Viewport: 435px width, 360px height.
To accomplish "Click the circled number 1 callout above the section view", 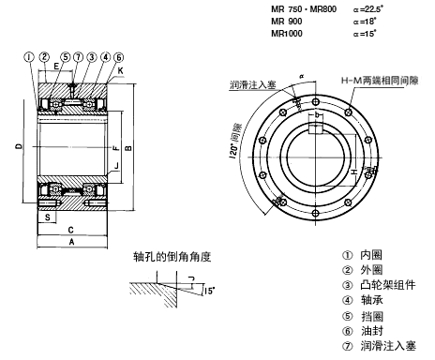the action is pos(29,57).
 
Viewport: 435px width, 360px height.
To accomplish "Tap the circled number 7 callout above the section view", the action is pos(78,57).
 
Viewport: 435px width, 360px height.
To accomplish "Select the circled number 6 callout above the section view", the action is pos(119,57).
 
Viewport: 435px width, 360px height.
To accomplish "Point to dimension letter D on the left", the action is pos(20,146).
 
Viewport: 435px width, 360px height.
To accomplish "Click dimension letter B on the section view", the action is pos(128,148).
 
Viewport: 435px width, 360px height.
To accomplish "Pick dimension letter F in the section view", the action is pos(116,147).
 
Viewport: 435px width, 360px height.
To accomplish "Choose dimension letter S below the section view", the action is pos(48,217).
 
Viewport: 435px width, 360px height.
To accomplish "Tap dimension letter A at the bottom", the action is pos(71,242).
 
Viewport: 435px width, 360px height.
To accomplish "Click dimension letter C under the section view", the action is pos(71,230).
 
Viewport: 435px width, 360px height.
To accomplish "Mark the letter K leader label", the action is pos(120,70).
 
